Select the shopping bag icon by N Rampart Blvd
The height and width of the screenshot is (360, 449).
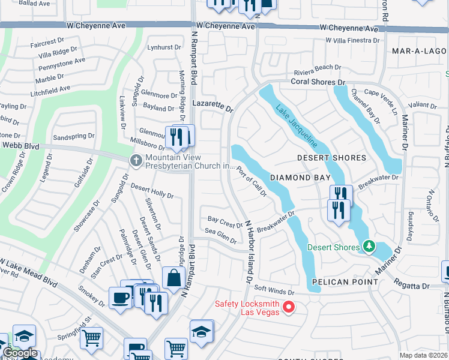click(173, 278)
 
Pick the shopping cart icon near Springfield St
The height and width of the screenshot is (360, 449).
click(91, 338)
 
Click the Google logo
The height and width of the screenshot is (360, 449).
click(19, 353)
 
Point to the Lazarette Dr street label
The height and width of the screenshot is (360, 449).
click(212, 106)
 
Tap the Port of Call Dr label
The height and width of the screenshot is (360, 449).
click(251, 181)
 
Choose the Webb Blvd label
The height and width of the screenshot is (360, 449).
click(17, 145)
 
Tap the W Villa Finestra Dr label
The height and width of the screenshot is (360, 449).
click(352, 40)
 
